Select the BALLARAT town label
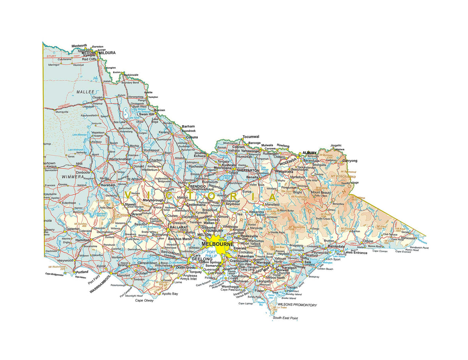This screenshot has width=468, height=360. [x=178, y=227]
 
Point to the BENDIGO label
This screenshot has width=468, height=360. [x=197, y=186]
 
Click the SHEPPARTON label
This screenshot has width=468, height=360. [x=248, y=170]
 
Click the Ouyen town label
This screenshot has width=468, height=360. [x=97, y=97]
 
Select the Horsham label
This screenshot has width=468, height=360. [x=108, y=185]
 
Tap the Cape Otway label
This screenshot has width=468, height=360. [x=144, y=300]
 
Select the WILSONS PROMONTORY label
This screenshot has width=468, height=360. [x=297, y=305]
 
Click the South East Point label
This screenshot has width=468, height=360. [x=285, y=318]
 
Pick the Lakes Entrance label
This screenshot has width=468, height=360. [x=355, y=253]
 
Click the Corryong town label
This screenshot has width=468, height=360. [x=349, y=160]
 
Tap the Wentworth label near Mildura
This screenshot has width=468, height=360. [x=79, y=46]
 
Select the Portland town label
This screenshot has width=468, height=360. [x=82, y=271]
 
